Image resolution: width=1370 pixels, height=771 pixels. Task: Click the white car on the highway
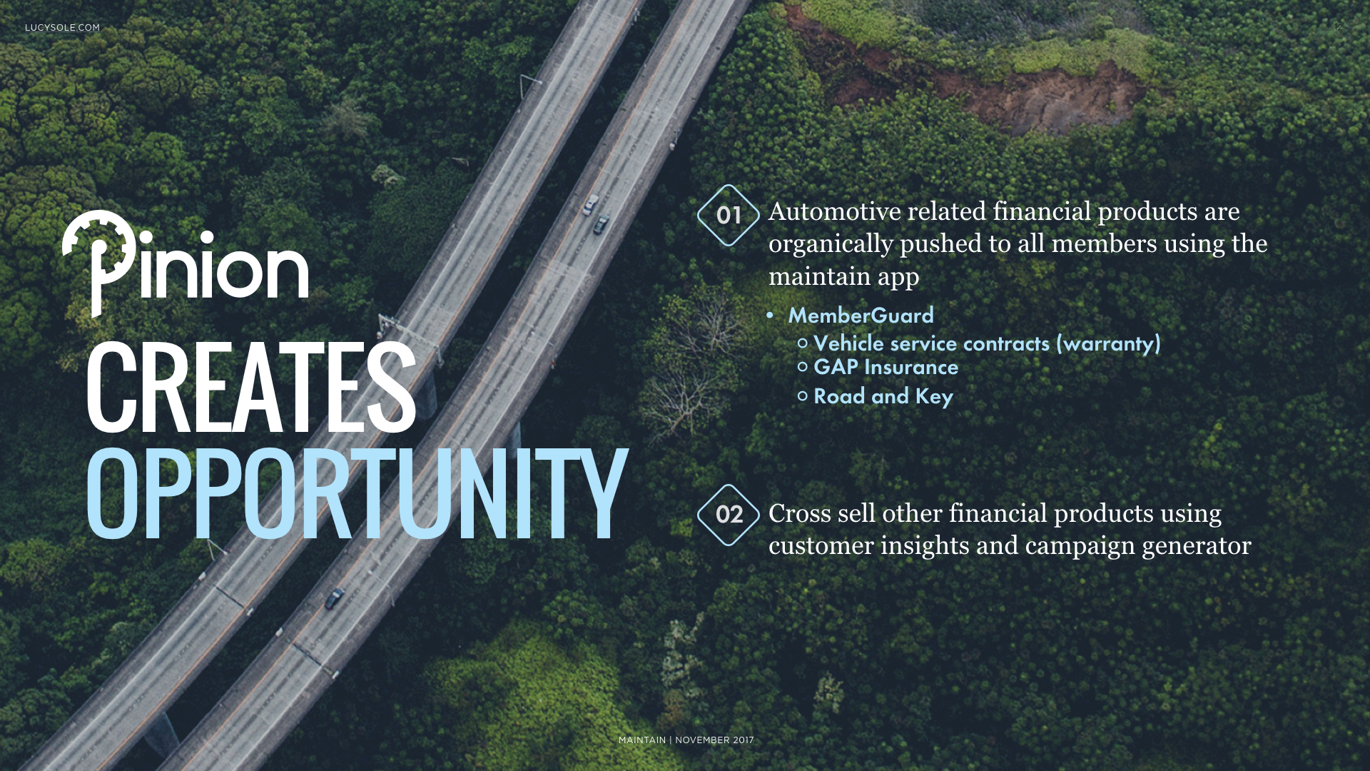click(x=590, y=205)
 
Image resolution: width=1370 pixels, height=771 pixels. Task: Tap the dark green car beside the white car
click(x=602, y=224)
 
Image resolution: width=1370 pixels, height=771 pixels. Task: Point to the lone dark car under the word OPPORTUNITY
click(x=334, y=598)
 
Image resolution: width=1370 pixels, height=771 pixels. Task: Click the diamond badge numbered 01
click(x=729, y=215)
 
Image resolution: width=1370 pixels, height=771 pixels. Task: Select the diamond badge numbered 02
click(x=729, y=515)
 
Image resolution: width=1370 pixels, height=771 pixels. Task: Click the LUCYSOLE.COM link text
click(x=62, y=28)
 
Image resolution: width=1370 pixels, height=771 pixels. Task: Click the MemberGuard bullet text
click(x=861, y=316)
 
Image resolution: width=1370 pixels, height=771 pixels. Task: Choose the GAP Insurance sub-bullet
click(x=886, y=367)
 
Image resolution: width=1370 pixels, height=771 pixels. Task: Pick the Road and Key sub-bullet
click(x=883, y=396)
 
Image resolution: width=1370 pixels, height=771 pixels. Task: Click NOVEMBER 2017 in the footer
click(x=714, y=740)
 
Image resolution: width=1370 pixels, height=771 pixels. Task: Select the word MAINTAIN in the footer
click(x=642, y=740)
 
